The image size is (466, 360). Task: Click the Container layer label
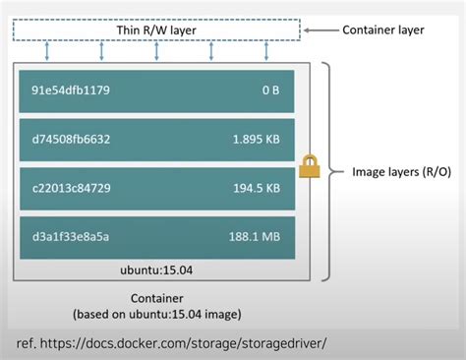384,30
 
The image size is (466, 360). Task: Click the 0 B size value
271,91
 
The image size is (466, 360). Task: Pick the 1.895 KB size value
257,139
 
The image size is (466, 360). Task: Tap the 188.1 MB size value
257,236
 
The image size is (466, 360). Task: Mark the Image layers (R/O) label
401,172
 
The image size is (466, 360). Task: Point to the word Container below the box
157,297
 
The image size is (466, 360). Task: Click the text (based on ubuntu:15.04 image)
157,315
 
